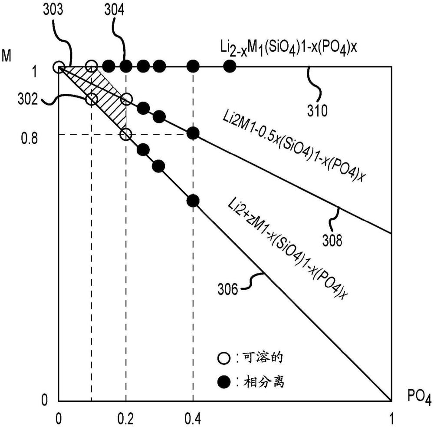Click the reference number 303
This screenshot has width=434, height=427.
tap(53, 10)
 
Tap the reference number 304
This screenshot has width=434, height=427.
tap(114, 10)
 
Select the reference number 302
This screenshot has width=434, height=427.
tap(28, 99)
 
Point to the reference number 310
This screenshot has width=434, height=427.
tap(317, 111)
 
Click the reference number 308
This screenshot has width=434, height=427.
tap(332, 240)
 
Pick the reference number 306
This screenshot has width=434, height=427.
tap(227, 290)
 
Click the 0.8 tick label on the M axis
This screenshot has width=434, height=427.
tap(30, 138)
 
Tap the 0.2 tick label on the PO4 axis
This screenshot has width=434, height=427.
tap(126, 418)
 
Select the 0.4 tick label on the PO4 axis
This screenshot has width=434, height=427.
tap(193, 418)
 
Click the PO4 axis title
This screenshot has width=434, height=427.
tap(419, 397)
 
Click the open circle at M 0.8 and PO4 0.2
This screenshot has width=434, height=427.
tap(126, 135)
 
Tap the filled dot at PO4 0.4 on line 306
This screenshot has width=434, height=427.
tap(193, 201)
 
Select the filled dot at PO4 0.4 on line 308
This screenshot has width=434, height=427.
tap(193, 133)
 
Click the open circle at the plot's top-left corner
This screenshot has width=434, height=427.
tap(59, 67)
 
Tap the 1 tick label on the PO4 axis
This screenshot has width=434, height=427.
tap(391, 418)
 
